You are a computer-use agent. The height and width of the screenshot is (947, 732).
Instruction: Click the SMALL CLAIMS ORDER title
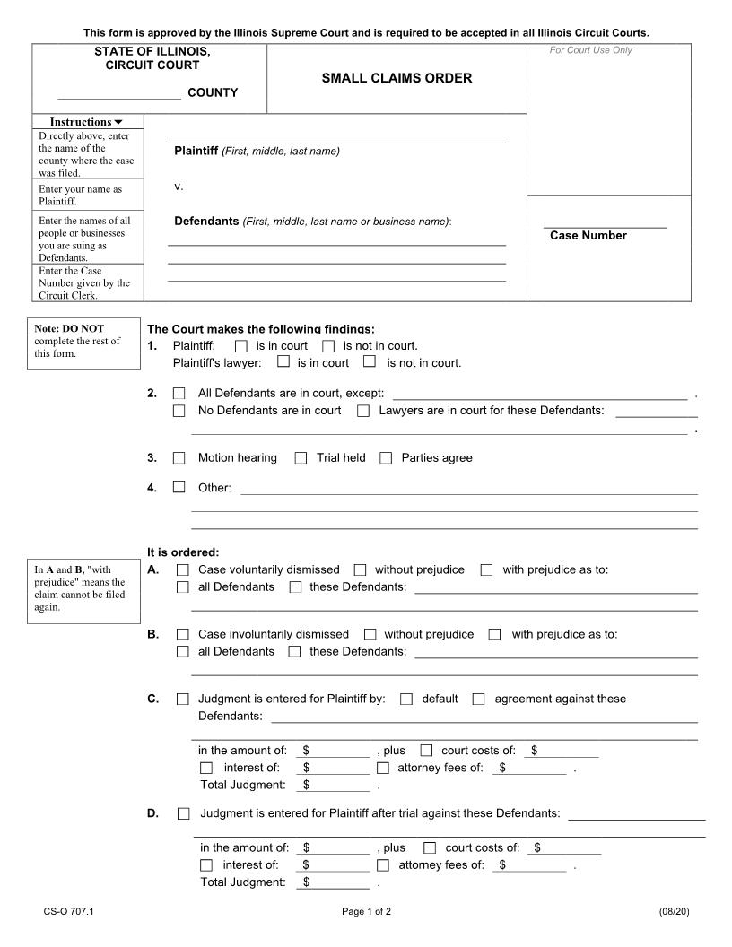396,78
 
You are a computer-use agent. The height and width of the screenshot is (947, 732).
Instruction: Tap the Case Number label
588,236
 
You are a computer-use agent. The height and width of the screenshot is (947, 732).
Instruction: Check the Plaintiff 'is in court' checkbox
240,346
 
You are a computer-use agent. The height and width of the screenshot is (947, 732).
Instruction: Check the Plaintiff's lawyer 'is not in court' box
370,362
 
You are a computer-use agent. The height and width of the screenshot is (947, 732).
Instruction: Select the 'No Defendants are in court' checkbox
179,411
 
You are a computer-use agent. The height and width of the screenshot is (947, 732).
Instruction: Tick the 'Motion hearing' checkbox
179,458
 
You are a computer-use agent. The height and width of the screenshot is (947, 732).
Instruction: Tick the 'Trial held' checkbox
301,458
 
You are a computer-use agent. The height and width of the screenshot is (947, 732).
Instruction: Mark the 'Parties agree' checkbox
386,458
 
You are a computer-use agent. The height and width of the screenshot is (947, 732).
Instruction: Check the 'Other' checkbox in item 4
179,487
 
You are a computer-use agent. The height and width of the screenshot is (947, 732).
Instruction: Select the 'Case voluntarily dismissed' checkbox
183,570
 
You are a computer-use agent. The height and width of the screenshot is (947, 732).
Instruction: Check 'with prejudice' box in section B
495,635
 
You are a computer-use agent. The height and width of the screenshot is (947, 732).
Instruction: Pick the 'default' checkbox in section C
406,699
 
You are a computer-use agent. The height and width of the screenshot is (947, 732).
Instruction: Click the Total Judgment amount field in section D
336,882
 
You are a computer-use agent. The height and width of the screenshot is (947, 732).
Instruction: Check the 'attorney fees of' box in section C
383,768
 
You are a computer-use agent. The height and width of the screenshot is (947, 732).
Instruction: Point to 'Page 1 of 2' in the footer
366,912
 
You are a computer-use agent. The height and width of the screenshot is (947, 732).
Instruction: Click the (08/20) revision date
673,912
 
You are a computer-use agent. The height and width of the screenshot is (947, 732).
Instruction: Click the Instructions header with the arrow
86,122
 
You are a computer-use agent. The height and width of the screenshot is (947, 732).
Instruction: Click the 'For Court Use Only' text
590,50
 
